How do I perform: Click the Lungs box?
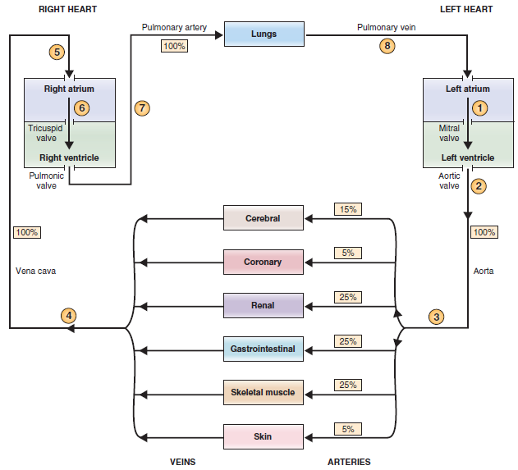pyautogui.click(x=264, y=34)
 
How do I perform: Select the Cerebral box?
pyautogui.click(x=263, y=218)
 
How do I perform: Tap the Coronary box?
pyautogui.click(x=263, y=262)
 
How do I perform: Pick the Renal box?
pyautogui.click(x=263, y=305)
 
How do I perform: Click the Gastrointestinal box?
pyautogui.click(x=263, y=349)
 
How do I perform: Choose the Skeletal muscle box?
pyautogui.click(x=263, y=392)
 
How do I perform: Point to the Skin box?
pyautogui.click(x=263, y=436)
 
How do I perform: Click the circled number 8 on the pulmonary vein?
pyautogui.click(x=387, y=46)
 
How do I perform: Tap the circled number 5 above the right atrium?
pyautogui.click(x=57, y=52)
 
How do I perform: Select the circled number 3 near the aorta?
pyautogui.click(x=437, y=316)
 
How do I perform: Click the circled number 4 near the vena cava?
pyautogui.click(x=69, y=315)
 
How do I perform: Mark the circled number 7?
pyautogui.click(x=143, y=107)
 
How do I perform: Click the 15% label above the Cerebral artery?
pyautogui.click(x=348, y=209)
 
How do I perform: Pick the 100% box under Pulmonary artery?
pyautogui.click(x=174, y=46)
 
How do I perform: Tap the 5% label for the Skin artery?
pyautogui.click(x=348, y=428)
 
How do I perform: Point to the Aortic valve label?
pyautogui.click(x=449, y=180)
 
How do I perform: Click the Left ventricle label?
pyautogui.click(x=468, y=157)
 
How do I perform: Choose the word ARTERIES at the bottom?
pyautogui.click(x=349, y=462)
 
